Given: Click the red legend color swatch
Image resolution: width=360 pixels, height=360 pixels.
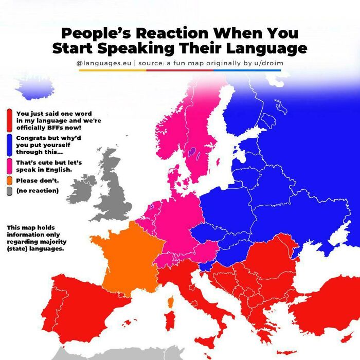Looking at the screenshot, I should pyautogui.click(x=10, y=120).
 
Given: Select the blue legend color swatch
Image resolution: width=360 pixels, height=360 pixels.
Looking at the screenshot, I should pyautogui.click(x=10, y=145).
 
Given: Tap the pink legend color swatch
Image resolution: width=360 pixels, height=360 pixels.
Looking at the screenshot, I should pyautogui.click(x=10, y=166).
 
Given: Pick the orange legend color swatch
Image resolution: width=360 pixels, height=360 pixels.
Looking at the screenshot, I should pyautogui.click(x=10, y=181).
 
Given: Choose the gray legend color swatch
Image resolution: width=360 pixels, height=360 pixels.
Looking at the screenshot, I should pyautogui.click(x=10, y=191).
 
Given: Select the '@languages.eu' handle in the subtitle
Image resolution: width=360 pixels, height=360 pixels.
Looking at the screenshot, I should pyautogui.click(x=103, y=63).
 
